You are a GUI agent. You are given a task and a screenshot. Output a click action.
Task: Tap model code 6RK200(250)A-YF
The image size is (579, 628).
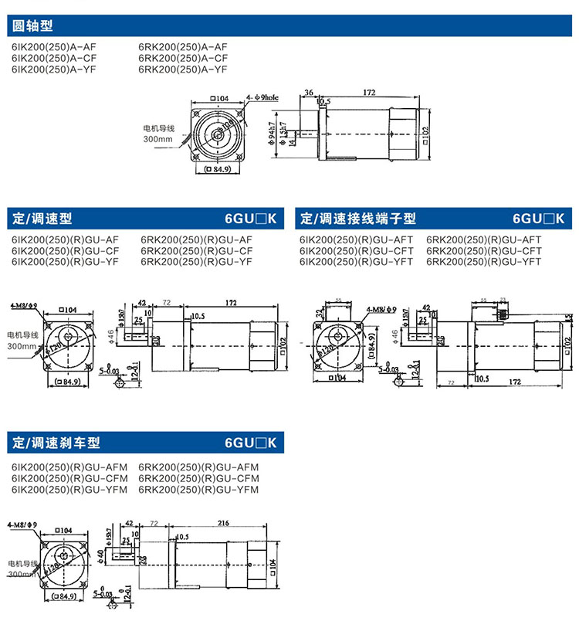point(183,69)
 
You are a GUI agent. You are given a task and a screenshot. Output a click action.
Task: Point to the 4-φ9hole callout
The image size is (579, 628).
point(262,98)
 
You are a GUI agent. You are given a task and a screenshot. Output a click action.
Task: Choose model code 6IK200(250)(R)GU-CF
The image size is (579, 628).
point(65,251)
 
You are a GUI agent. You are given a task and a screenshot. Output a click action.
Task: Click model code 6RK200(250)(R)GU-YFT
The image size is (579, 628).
point(484,262)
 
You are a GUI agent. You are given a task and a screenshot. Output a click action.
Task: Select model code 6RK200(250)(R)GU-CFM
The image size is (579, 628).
point(198,478)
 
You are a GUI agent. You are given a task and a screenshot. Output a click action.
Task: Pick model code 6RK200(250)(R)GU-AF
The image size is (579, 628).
point(197,239)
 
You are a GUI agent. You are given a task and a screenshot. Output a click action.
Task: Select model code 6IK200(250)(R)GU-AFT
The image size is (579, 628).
point(356,239)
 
